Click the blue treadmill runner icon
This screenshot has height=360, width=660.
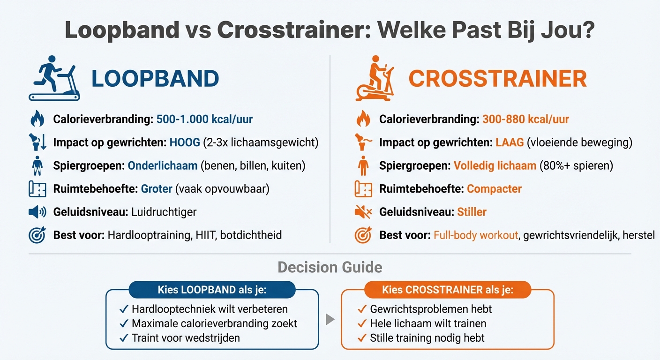[x=54, y=78]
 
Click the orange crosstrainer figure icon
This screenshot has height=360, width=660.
[x=375, y=78]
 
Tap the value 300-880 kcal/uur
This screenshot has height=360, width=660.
[x=525, y=120]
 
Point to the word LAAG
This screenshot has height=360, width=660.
[x=510, y=142]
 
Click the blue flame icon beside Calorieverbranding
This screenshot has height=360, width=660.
[x=37, y=120]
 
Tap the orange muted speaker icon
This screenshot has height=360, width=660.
[x=363, y=212]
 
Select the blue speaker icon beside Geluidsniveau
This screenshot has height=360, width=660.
[x=37, y=212]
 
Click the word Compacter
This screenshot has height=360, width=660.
[x=494, y=189]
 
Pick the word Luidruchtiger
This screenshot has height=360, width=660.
[x=164, y=212]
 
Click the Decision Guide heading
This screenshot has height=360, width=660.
[x=330, y=267]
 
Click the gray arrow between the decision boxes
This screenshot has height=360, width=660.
[x=330, y=320]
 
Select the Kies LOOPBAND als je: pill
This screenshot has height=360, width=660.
[x=212, y=290]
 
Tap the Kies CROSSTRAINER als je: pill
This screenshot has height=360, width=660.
[x=448, y=290]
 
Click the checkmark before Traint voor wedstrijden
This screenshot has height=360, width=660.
[x=124, y=338]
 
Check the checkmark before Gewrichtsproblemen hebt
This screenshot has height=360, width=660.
[x=361, y=309]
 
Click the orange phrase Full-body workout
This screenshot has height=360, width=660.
[x=476, y=235]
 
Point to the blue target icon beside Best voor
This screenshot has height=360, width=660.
[x=37, y=235]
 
